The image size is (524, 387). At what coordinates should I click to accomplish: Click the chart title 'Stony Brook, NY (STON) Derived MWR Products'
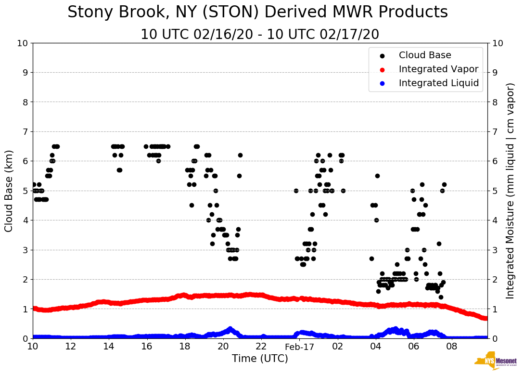[x=257, y=13]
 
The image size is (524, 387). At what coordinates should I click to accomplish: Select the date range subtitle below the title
[x=260, y=35]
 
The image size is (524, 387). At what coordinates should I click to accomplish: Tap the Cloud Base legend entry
[x=425, y=55]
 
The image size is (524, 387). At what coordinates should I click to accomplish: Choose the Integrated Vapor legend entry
[x=438, y=69]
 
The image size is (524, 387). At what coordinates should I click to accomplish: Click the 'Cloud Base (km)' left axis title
[x=9, y=191]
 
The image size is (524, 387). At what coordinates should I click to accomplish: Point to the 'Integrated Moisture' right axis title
[x=510, y=191]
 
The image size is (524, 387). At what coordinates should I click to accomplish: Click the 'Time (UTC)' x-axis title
[x=260, y=359]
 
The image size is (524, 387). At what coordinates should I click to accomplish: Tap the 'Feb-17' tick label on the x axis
[x=299, y=347]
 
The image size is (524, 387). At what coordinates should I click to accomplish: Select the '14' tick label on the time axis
[x=109, y=347]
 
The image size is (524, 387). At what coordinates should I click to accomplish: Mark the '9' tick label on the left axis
[x=26, y=73]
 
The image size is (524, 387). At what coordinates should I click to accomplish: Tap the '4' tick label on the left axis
[x=26, y=220]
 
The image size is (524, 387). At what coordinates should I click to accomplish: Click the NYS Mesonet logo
[x=495, y=361]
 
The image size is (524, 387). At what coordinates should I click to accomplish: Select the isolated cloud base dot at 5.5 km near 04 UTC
[x=377, y=176]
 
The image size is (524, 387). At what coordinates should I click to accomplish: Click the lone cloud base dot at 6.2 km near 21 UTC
[x=240, y=155]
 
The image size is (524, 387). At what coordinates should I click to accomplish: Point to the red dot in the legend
[x=382, y=70]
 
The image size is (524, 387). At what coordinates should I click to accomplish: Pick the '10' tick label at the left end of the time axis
[x=33, y=347]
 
